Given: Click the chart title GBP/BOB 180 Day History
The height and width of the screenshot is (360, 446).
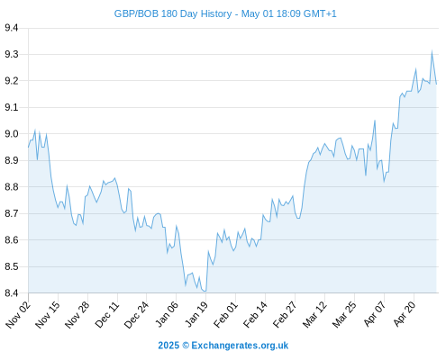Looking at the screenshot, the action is tap(173, 13).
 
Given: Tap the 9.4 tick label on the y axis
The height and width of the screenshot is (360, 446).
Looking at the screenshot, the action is tap(12, 28).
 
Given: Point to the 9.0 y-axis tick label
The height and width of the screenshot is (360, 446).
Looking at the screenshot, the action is tap(12, 134).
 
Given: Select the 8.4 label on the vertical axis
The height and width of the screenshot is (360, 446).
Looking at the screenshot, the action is tap(12, 292).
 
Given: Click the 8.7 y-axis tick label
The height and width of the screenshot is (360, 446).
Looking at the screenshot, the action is tap(12, 213).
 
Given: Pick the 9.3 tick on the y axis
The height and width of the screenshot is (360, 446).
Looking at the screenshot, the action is tap(12, 54).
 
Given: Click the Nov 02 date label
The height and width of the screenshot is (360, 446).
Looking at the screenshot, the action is tap(18, 315).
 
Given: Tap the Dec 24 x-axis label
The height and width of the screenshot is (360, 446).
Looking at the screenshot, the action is tap(136, 315).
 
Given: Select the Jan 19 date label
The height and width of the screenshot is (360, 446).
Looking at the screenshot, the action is tap(196, 315).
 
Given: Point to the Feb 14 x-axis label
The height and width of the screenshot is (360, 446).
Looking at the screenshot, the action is tap(255, 315).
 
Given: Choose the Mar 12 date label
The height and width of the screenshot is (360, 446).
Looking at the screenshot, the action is tap(314, 315).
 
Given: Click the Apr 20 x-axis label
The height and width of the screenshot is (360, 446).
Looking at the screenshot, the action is tap(405, 314).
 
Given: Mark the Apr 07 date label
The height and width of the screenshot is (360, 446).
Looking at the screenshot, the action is tap(375, 314).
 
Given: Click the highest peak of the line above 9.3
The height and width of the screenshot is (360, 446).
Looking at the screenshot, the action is tap(432, 51).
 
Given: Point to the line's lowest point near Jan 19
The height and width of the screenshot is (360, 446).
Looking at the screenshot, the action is tap(205, 291).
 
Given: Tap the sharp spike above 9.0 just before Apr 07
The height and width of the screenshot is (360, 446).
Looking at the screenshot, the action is tap(375, 121).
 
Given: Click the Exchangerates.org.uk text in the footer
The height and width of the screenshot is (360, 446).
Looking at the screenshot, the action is tap(240, 346).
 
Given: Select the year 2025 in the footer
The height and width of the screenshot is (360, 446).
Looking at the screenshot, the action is tap(168, 346).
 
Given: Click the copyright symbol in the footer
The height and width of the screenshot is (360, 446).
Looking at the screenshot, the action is tap(186, 346).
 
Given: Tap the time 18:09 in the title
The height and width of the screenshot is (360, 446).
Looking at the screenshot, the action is tap(288, 13).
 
